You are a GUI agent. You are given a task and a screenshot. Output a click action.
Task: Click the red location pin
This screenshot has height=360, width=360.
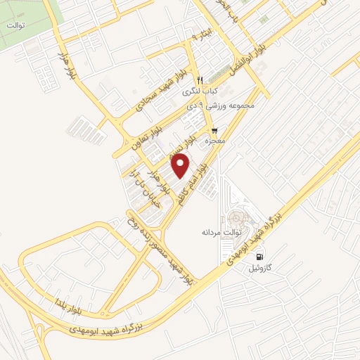point(181,166)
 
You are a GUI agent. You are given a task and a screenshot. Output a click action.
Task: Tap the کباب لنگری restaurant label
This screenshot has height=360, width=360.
point(200,91)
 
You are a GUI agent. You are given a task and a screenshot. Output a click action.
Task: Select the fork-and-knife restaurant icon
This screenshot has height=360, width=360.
point(200,79)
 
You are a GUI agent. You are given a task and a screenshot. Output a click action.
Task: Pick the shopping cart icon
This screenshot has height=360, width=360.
point(214,131)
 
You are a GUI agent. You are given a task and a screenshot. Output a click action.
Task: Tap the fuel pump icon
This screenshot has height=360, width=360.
point(260,257)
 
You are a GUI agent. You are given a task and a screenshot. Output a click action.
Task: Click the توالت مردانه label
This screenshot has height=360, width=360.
point(221,231)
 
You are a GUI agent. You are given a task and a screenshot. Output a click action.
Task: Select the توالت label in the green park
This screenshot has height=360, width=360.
point(15,25)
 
